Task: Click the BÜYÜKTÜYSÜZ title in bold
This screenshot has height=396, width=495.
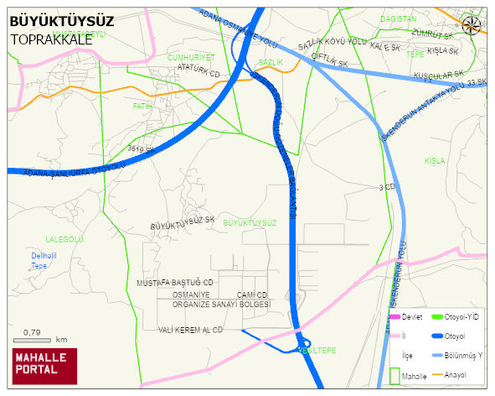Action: point(61,22)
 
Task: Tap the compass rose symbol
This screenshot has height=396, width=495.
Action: point(472,25)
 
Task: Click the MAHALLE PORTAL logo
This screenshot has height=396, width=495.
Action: point(44,366)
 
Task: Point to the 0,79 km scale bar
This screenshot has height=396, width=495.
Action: point(34,339)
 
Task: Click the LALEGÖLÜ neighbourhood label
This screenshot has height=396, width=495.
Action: point(65,239)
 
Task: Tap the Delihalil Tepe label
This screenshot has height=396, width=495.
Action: point(42,260)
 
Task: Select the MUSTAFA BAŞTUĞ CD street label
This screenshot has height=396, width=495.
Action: point(176,284)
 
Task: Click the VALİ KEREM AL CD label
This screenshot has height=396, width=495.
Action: point(191,330)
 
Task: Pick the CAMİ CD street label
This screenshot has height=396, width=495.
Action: point(251,295)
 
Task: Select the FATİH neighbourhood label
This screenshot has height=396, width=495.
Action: point(142,107)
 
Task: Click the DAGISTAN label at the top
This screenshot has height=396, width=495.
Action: point(398,18)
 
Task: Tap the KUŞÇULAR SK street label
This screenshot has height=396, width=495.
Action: point(435,76)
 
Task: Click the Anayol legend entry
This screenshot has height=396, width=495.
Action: point(455,373)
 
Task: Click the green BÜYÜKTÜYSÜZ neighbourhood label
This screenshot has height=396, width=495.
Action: point(250,222)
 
